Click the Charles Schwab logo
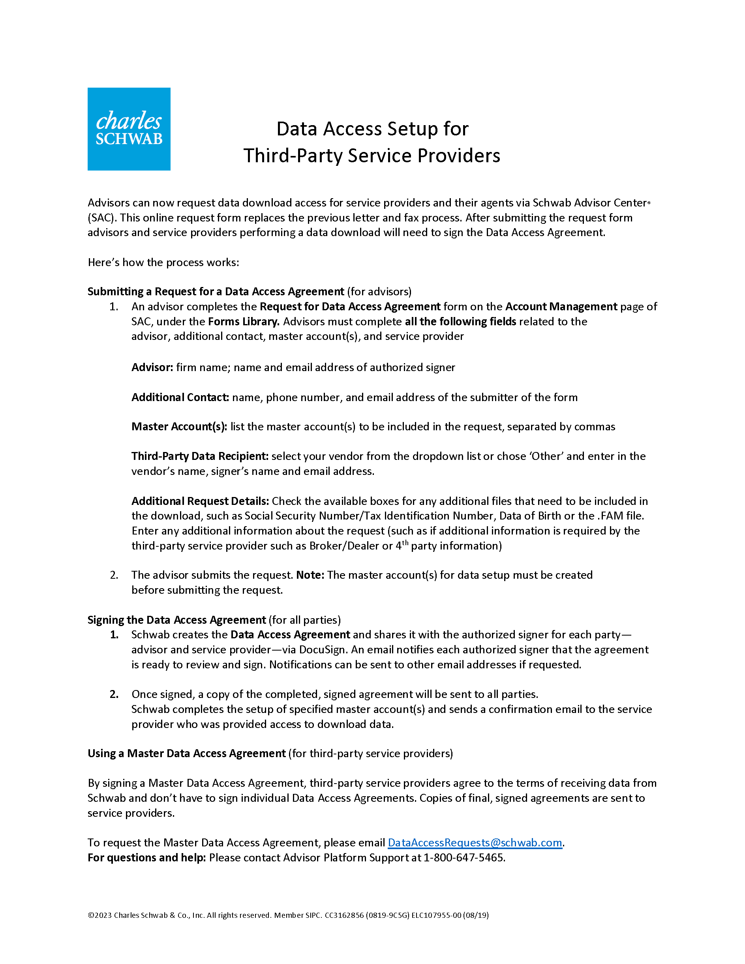(x=129, y=129)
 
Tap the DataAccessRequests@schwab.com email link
(x=475, y=843)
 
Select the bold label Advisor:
(x=152, y=367)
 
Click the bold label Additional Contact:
(x=180, y=397)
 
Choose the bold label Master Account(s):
(x=179, y=426)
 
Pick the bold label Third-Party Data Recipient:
(x=200, y=456)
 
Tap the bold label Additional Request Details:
(x=200, y=501)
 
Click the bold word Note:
(x=310, y=575)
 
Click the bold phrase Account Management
(x=561, y=306)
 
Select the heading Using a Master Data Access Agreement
(x=187, y=753)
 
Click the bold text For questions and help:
(x=146, y=858)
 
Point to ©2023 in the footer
(x=100, y=915)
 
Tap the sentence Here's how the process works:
(x=163, y=262)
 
